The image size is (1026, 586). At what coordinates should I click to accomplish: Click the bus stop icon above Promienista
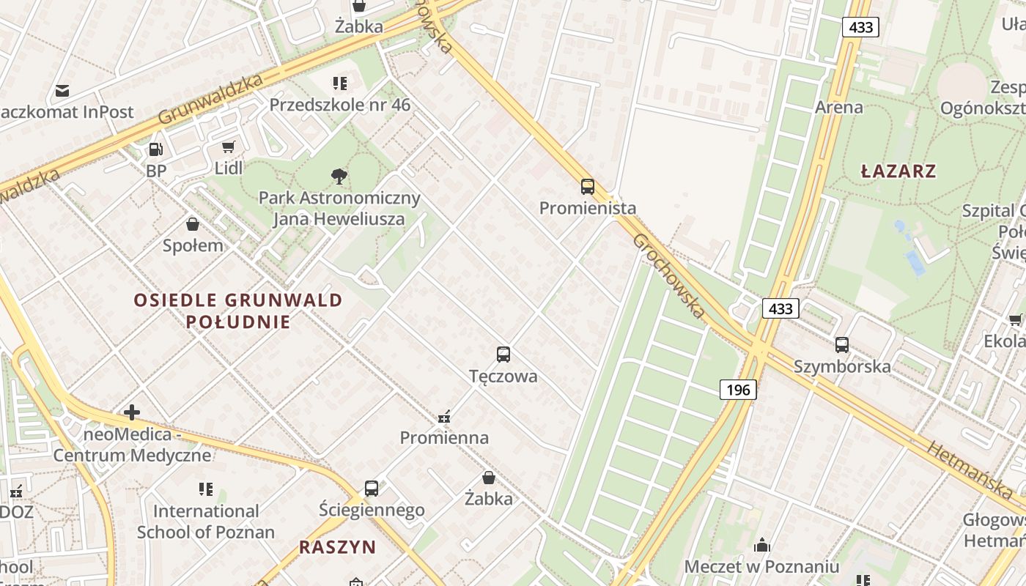pyautogui.click(x=587, y=186)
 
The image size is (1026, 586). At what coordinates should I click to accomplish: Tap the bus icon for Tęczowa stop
pyautogui.click(x=503, y=355)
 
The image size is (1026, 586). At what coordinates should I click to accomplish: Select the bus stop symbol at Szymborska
pyautogui.click(x=841, y=344)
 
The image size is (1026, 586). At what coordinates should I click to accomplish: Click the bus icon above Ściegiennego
pyautogui.click(x=372, y=488)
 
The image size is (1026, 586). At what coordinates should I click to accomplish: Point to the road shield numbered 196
pyautogui.click(x=737, y=390)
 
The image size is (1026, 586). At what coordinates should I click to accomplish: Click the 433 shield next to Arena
pyautogui.click(x=860, y=28)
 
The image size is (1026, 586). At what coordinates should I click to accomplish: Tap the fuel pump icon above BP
pyautogui.click(x=155, y=149)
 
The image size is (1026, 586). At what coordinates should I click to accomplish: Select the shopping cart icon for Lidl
pyautogui.click(x=228, y=147)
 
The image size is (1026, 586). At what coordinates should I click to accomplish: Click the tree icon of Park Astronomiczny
pyautogui.click(x=339, y=176)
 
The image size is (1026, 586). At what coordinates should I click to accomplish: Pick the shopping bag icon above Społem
pyautogui.click(x=193, y=224)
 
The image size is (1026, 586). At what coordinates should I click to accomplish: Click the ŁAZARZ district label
pyautogui.click(x=898, y=171)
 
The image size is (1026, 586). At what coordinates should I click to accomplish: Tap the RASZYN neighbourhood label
pyautogui.click(x=337, y=547)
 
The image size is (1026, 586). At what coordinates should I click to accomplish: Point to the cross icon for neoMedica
pyautogui.click(x=132, y=412)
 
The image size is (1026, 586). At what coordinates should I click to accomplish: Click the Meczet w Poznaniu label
pyautogui.click(x=761, y=566)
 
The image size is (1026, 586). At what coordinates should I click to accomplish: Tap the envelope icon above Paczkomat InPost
pyautogui.click(x=62, y=91)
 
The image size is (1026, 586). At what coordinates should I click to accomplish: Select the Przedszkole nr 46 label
pyautogui.click(x=339, y=105)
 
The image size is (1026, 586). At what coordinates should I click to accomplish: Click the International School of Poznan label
pyautogui.click(x=205, y=522)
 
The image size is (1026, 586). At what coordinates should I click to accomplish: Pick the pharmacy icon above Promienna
pyautogui.click(x=443, y=418)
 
